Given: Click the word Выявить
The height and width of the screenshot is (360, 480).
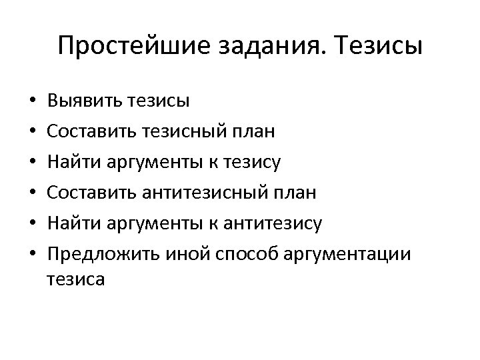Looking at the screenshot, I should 81,101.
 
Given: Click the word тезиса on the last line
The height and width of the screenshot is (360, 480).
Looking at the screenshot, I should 77,279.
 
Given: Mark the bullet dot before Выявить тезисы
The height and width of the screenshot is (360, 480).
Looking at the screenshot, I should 33,102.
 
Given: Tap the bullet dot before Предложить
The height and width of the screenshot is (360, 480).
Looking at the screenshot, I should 33,255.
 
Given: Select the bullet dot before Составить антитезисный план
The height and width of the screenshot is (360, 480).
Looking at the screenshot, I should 33,194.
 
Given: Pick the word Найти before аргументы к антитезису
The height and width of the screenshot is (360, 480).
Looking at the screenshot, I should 72,224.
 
